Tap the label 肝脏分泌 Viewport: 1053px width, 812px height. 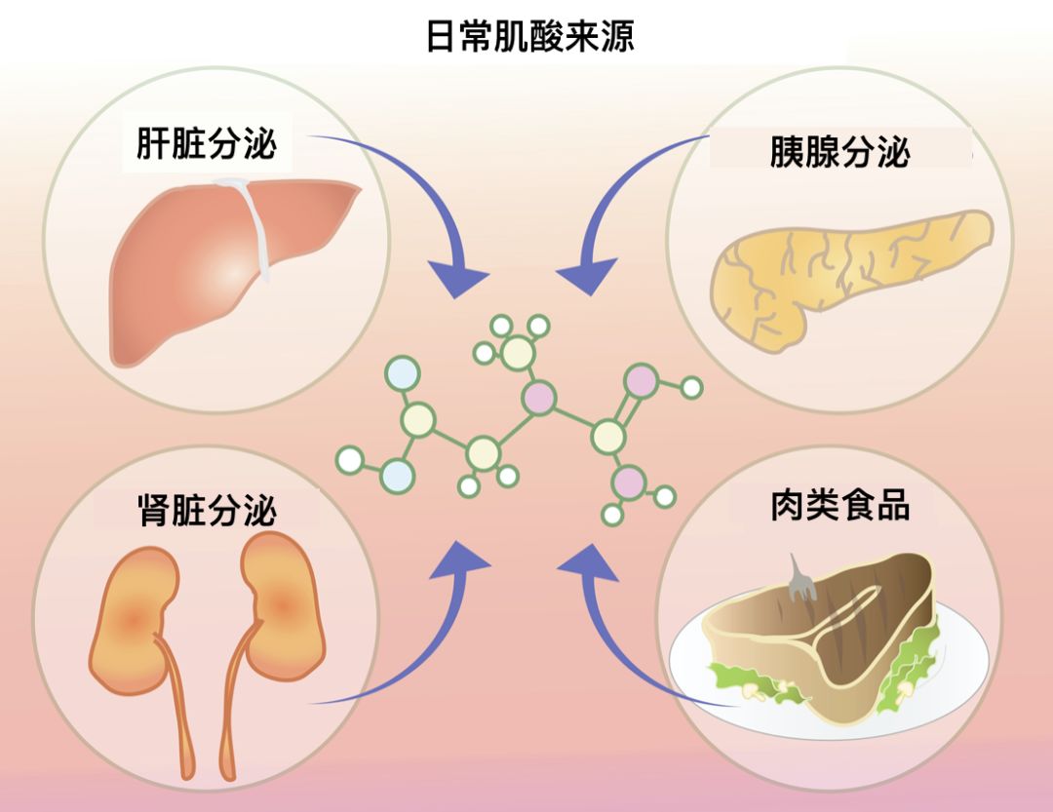tap(206, 144)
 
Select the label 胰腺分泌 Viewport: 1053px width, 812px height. tap(839, 153)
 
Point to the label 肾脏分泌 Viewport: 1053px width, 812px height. tap(207, 511)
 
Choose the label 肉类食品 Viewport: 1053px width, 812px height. tap(839, 507)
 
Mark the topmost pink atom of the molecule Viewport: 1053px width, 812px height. tap(643, 380)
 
